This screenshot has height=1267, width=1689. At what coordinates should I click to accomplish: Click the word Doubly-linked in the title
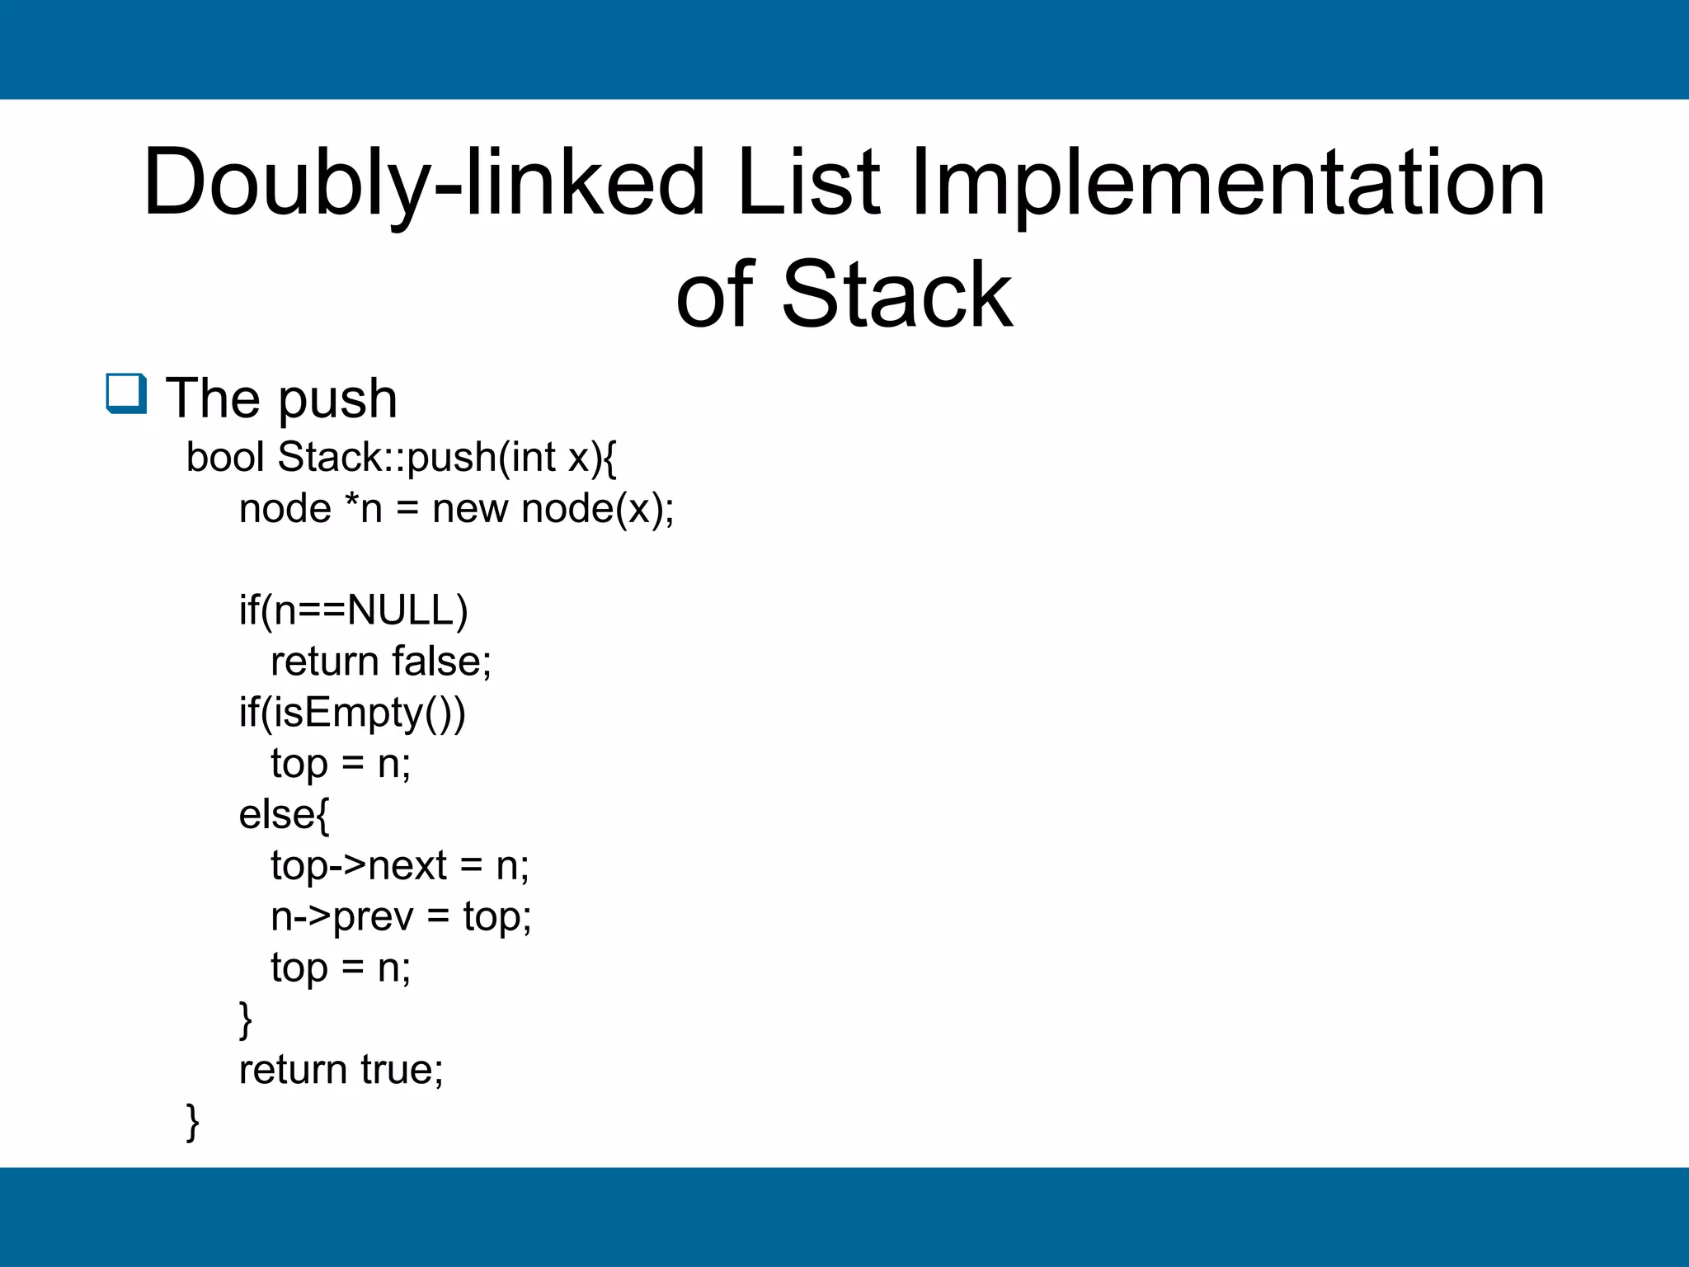click(423, 183)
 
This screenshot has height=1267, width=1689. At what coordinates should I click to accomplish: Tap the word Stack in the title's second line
click(896, 294)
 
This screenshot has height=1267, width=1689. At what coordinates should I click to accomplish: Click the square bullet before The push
click(126, 393)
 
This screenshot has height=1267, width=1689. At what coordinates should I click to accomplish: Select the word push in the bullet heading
click(337, 399)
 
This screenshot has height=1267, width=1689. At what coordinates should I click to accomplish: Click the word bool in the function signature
click(224, 457)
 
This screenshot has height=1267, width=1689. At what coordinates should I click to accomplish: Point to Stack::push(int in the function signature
click(416, 457)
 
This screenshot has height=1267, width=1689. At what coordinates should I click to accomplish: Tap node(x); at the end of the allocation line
click(598, 508)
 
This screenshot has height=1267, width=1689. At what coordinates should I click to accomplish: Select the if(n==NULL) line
click(353, 610)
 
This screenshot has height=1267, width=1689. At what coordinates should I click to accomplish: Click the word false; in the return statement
click(442, 662)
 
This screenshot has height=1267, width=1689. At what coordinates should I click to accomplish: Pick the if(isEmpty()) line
click(352, 713)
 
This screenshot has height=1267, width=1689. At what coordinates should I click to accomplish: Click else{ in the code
click(284, 815)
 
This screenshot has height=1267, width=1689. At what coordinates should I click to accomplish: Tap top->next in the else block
click(359, 866)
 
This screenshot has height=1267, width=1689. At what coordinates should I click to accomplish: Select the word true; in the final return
click(402, 1070)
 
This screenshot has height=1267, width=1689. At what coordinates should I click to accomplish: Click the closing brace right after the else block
click(245, 1020)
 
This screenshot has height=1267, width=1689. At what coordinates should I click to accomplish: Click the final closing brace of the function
click(193, 1122)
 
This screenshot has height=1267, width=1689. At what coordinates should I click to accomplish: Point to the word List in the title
click(808, 183)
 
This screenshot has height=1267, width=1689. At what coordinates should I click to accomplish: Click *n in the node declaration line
click(364, 508)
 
